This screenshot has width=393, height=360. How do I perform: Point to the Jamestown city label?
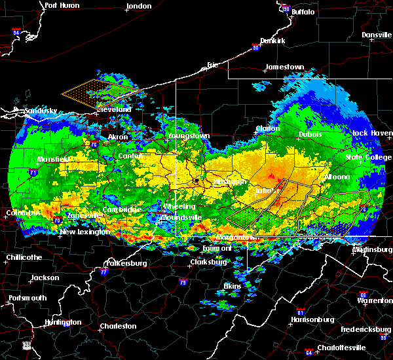(284, 67)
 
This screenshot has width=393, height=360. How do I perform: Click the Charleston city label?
(118, 326)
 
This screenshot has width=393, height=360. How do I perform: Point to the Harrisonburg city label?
(312, 319)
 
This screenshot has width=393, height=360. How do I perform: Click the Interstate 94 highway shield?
(16, 31)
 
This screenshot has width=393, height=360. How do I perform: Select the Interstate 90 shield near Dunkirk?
(256, 47)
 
